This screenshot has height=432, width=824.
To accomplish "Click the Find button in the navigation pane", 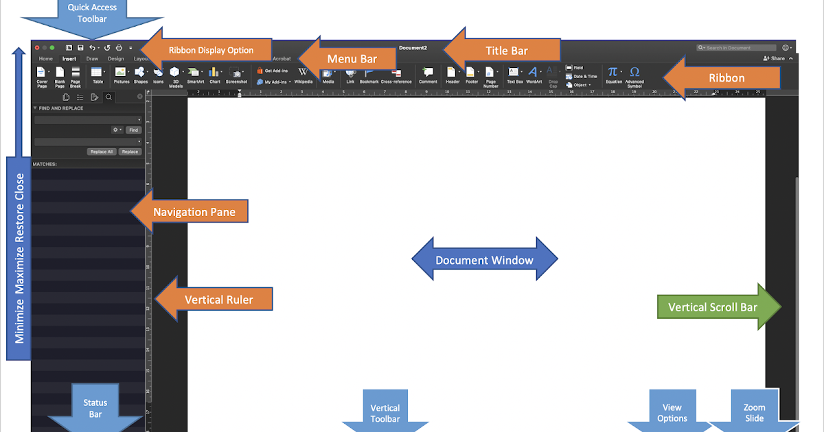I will pyautogui.click(x=133, y=130).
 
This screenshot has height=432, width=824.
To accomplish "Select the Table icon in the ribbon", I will pyautogui.click(x=97, y=72).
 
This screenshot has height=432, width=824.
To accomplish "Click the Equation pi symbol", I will pyautogui.click(x=613, y=71).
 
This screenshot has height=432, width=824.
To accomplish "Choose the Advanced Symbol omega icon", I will pyautogui.click(x=634, y=71).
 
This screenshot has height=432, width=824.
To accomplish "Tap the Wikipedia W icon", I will pyautogui.click(x=303, y=71).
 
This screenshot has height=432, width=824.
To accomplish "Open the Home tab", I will pyautogui.click(x=46, y=59).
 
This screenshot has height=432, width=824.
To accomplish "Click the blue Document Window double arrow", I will pyautogui.click(x=484, y=260).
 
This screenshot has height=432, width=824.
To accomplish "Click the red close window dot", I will pyautogui.click(x=36, y=48).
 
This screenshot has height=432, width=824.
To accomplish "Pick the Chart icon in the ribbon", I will pyautogui.click(x=214, y=72).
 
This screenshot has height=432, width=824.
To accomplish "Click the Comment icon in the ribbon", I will pyautogui.click(x=428, y=71).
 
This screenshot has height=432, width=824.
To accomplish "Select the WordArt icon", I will pyautogui.click(x=534, y=71).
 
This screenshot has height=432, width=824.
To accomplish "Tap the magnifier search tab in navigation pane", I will pyautogui.click(x=108, y=97).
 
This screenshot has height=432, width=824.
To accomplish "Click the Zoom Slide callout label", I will pyautogui.click(x=754, y=413).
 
